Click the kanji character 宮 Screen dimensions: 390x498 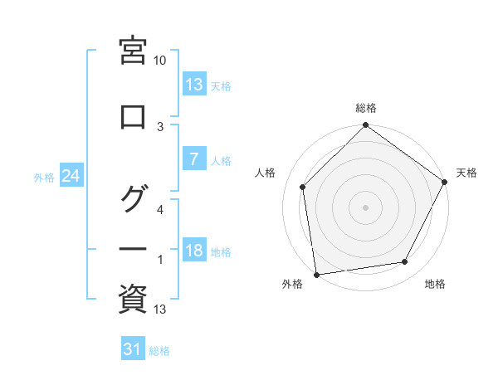[x=133, y=51]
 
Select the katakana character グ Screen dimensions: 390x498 [x=133, y=199]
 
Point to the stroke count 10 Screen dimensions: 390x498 [x=160, y=61]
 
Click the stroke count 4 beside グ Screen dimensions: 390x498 [x=160, y=210]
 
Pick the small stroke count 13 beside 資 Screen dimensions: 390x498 [x=160, y=310]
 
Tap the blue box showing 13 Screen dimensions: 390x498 [x=193, y=85]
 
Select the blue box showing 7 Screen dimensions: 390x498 [x=193, y=159]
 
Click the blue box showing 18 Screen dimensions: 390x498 [x=193, y=251]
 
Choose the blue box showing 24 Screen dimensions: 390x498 [x=71, y=176]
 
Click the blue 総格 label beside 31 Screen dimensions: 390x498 [x=159, y=351]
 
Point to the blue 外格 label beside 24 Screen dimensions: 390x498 [x=44, y=177]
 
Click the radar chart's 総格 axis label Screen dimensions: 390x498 [x=366, y=108]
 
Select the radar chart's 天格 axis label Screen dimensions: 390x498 [x=466, y=173]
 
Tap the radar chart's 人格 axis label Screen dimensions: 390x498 [x=266, y=173]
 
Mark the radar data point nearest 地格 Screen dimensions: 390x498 [x=405, y=262]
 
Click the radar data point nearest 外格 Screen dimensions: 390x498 [x=316, y=274]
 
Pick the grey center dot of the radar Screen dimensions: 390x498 [x=366, y=207]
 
